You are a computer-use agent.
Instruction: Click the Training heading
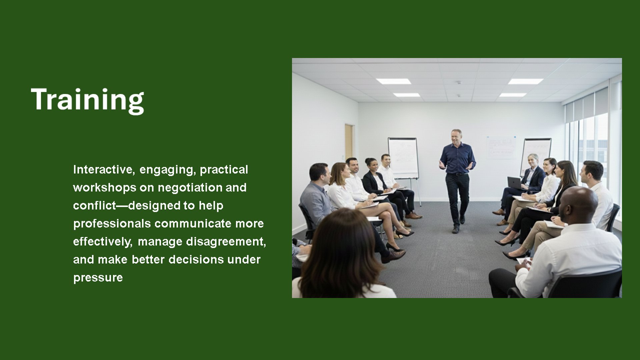click(87, 100)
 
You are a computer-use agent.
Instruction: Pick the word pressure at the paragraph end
click(98, 278)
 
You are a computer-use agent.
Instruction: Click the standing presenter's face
click(456, 137)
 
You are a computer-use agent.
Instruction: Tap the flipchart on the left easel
click(403, 158)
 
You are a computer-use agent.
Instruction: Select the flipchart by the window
click(536, 155)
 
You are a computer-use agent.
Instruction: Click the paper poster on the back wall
click(501, 147)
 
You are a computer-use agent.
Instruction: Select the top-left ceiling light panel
click(393, 81)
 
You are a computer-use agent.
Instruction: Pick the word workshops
click(105, 188)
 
